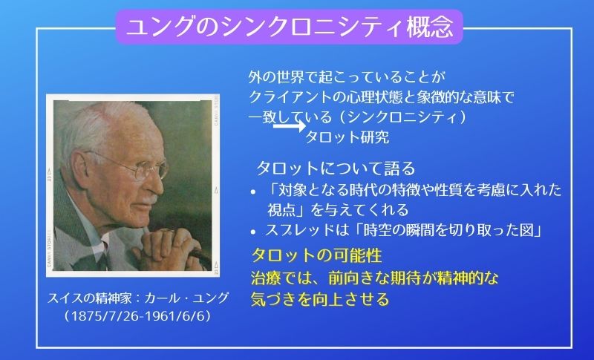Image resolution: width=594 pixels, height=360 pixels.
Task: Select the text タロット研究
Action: click(347, 137)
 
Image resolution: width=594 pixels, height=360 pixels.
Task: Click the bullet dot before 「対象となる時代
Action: click(254, 191)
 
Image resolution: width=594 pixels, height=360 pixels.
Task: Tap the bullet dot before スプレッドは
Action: click(254, 231)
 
